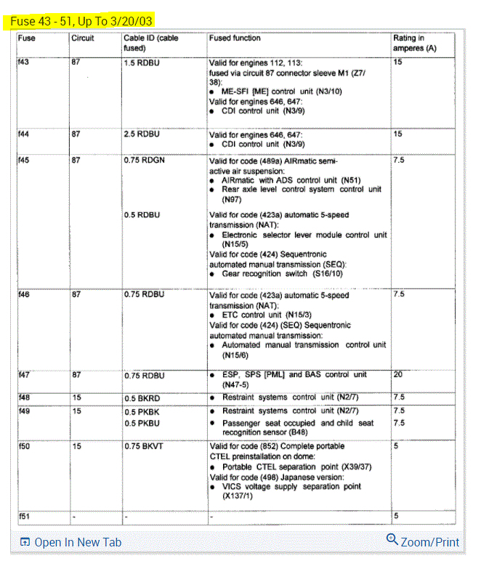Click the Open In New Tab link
pos(77,542)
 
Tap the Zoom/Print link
pos(429,542)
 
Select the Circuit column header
pos(82,38)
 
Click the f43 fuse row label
pos(25,63)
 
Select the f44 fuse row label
pos(25,134)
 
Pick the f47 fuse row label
pos(25,375)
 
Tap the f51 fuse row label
pos(25,515)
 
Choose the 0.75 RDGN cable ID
pos(144,161)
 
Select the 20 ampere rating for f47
pos(397,375)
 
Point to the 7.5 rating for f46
pos(398,295)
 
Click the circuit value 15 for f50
pos(76,446)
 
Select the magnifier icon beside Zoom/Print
pos(392,540)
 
